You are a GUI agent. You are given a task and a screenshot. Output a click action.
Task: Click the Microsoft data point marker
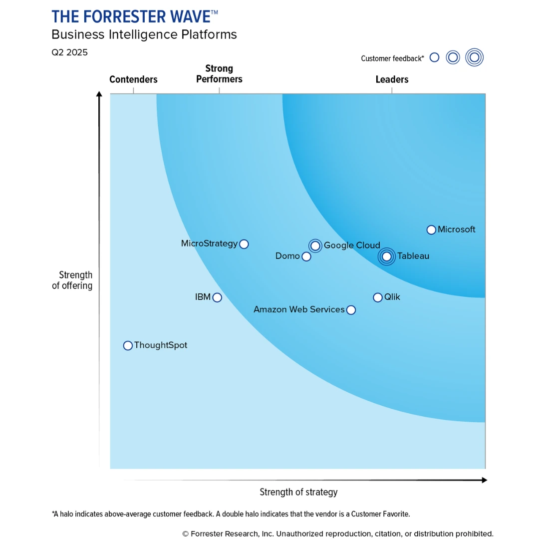(431, 230)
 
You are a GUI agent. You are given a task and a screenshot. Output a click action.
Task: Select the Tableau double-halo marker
(386, 257)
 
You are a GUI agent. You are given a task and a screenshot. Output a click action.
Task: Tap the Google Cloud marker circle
(315, 246)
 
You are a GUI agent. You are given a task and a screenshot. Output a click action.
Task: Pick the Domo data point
(306, 257)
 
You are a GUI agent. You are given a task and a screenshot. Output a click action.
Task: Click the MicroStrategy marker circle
(244, 244)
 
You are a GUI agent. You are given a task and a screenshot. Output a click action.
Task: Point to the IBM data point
(217, 297)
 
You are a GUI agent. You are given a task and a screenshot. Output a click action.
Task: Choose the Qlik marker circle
(378, 297)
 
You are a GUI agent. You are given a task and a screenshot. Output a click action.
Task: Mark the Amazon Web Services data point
(351, 310)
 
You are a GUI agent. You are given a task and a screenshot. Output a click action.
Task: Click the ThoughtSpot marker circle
(128, 346)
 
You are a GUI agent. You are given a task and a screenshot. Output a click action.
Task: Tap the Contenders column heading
(133, 79)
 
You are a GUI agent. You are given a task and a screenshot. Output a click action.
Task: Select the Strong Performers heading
(219, 74)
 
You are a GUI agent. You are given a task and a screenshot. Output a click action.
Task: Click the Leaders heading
(392, 79)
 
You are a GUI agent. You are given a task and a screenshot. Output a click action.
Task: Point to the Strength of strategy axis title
(298, 492)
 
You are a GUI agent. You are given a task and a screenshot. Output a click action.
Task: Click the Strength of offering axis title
(73, 280)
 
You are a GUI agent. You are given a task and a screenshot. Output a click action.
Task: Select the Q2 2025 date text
(69, 52)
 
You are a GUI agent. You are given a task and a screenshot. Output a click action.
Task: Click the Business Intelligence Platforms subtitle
(144, 34)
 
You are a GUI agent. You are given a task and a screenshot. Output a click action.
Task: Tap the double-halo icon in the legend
(475, 57)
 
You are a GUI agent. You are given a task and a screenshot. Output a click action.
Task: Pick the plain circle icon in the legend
(434, 57)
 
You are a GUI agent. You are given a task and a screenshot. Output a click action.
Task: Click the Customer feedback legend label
(392, 58)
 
